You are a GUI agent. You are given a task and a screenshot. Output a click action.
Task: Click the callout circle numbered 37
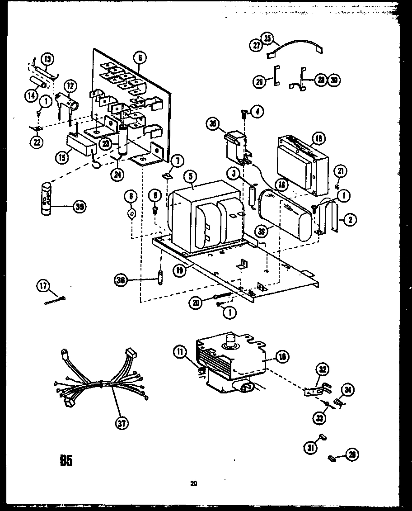[x=122, y=423]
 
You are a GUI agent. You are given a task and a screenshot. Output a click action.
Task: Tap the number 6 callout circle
[x=140, y=57]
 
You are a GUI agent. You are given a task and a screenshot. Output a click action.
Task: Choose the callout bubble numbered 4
[x=257, y=112]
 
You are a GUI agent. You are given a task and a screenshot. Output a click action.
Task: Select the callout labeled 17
[x=43, y=285]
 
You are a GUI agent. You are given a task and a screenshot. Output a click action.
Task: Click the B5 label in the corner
[x=66, y=460]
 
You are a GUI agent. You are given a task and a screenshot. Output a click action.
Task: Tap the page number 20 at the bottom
[x=193, y=484]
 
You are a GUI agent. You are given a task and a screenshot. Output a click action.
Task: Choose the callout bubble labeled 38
[x=121, y=280]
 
